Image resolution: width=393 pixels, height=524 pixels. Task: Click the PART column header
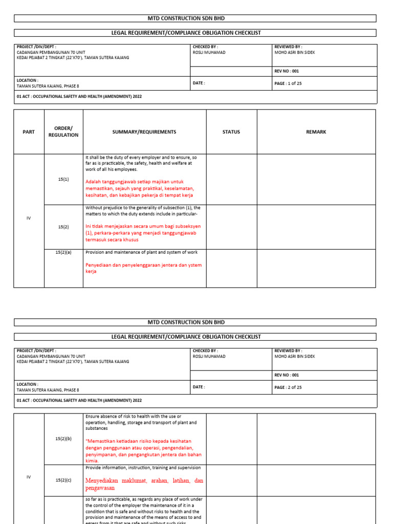coord(29,132)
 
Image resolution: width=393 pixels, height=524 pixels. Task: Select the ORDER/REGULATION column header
coord(63,132)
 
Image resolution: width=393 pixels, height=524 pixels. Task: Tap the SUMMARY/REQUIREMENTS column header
coord(144,132)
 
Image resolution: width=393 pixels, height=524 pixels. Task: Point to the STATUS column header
coord(231,132)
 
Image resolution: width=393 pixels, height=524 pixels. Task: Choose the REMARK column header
coord(316,132)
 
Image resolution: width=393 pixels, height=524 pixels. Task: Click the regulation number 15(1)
coord(63,179)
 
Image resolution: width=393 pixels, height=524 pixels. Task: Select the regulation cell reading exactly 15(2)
coord(63,226)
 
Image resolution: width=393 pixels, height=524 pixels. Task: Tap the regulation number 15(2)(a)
coord(63,252)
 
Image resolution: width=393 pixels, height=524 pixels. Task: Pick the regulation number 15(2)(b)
coord(63,439)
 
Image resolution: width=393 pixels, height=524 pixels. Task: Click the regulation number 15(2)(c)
coord(63,479)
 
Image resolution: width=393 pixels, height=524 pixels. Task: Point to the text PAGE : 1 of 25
coord(288,83)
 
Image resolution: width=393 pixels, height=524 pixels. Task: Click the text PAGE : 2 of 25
coord(288,387)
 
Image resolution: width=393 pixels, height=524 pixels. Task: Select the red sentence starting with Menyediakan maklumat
coord(144,484)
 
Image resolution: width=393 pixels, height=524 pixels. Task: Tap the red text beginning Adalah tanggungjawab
coord(139,188)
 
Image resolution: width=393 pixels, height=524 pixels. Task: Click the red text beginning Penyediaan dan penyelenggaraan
coord(143,268)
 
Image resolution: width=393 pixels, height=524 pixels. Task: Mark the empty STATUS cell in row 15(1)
coord(231,179)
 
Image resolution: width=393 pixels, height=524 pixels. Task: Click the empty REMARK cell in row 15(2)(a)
coord(316,268)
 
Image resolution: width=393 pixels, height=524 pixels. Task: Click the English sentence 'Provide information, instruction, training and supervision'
coord(143,468)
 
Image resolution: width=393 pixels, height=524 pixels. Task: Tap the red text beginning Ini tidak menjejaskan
coord(143,233)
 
